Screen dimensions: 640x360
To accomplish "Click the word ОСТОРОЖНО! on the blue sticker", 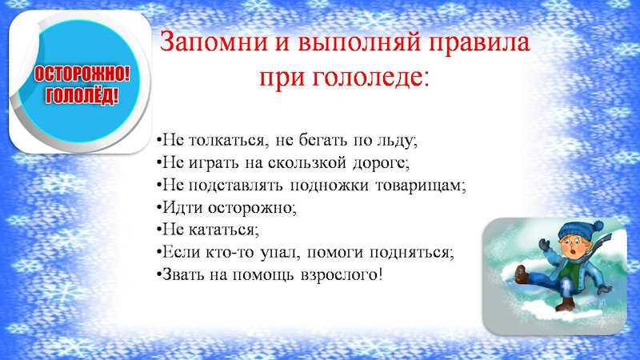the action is coord(82,75).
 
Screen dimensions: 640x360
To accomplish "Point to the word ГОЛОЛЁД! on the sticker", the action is coord(82,96).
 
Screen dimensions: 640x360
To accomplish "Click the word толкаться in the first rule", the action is coord(229,141).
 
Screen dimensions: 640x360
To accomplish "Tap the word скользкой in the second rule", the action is coord(307,163).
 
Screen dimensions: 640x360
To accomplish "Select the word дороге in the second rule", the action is coord(378,164).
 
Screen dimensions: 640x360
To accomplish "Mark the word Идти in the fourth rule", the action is coord(183,208).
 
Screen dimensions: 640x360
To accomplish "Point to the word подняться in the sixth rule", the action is coord(410,253).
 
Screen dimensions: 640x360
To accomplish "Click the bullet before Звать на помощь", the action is coord(158,274).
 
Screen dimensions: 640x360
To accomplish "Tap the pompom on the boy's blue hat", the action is coord(598,226).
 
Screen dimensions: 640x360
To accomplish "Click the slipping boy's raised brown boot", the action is coord(521,274).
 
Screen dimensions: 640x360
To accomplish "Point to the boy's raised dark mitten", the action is coord(544,245).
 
